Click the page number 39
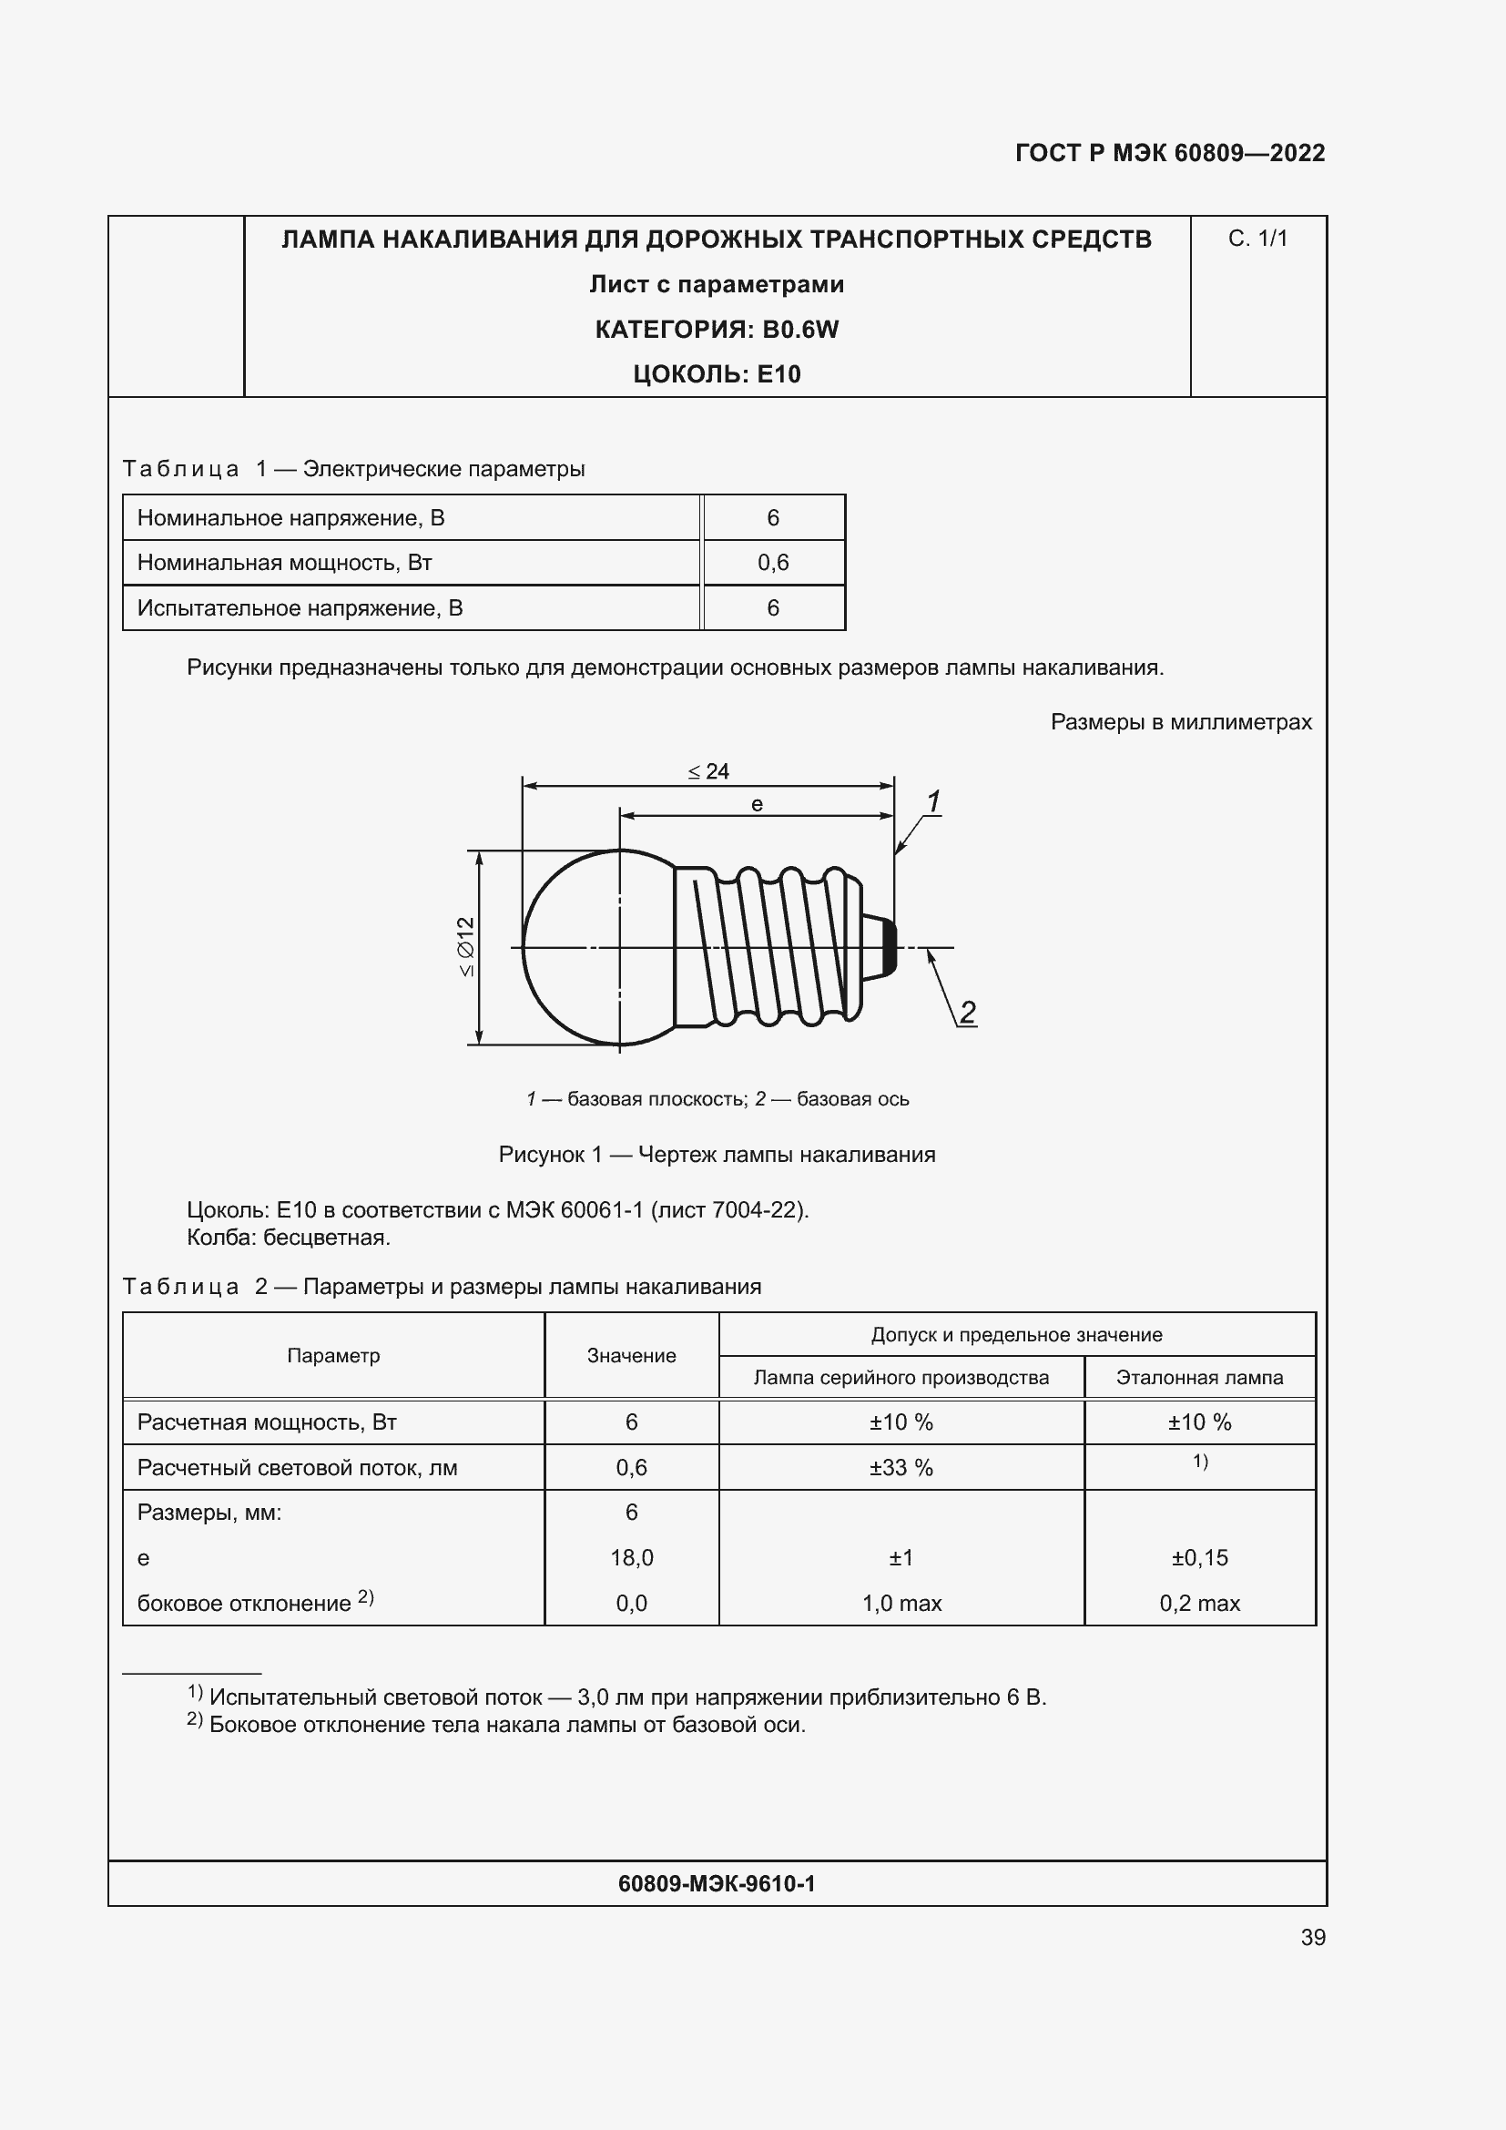tap(1312, 1937)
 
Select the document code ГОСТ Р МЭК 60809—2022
tap(1169, 153)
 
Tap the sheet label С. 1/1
tap(1257, 239)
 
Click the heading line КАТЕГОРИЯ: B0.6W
tap(716, 330)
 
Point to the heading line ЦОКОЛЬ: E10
tap(716, 374)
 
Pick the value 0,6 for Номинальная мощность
tap(772, 562)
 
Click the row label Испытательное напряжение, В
tap(300, 607)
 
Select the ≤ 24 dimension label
tap(708, 771)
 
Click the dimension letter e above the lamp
tap(757, 804)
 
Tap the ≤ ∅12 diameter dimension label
tap(465, 946)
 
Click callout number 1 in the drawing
tap(934, 800)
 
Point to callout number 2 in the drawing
tap(967, 1012)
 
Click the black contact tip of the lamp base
tap(889, 947)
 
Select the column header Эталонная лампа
tap(1199, 1378)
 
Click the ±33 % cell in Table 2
tap(901, 1468)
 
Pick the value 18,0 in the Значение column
tap(632, 1557)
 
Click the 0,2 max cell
tap(1199, 1603)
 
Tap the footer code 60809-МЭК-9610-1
tap(716, 1883)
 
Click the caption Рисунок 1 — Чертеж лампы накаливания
tap(716, 1154)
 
